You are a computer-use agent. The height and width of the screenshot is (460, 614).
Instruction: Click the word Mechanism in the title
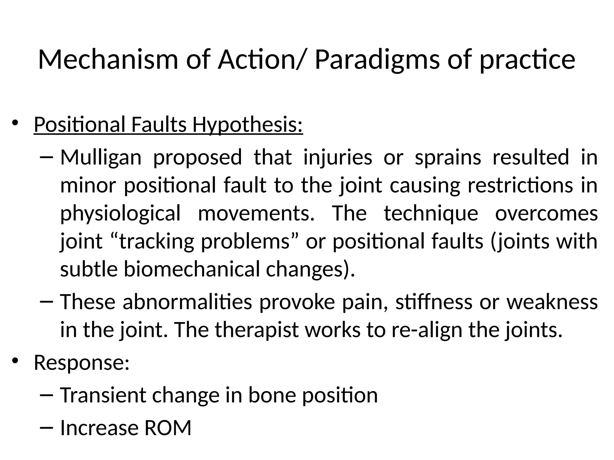coord(108,60)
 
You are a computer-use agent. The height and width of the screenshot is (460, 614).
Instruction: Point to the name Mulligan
coord(101,157)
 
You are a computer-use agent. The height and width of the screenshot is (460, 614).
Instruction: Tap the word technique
coord(431,213)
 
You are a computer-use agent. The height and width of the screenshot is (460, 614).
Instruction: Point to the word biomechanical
coord(192,269)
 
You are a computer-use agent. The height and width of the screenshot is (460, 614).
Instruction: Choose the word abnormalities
coord(187,302)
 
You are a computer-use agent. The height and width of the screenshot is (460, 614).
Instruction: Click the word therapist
coord(257,330)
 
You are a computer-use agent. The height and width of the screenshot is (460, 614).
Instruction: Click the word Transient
coord(103,395)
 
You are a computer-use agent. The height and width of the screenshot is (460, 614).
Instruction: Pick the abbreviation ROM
coord(168,428)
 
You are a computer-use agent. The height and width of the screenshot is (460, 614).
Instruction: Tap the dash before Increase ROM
coord(46,428)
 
